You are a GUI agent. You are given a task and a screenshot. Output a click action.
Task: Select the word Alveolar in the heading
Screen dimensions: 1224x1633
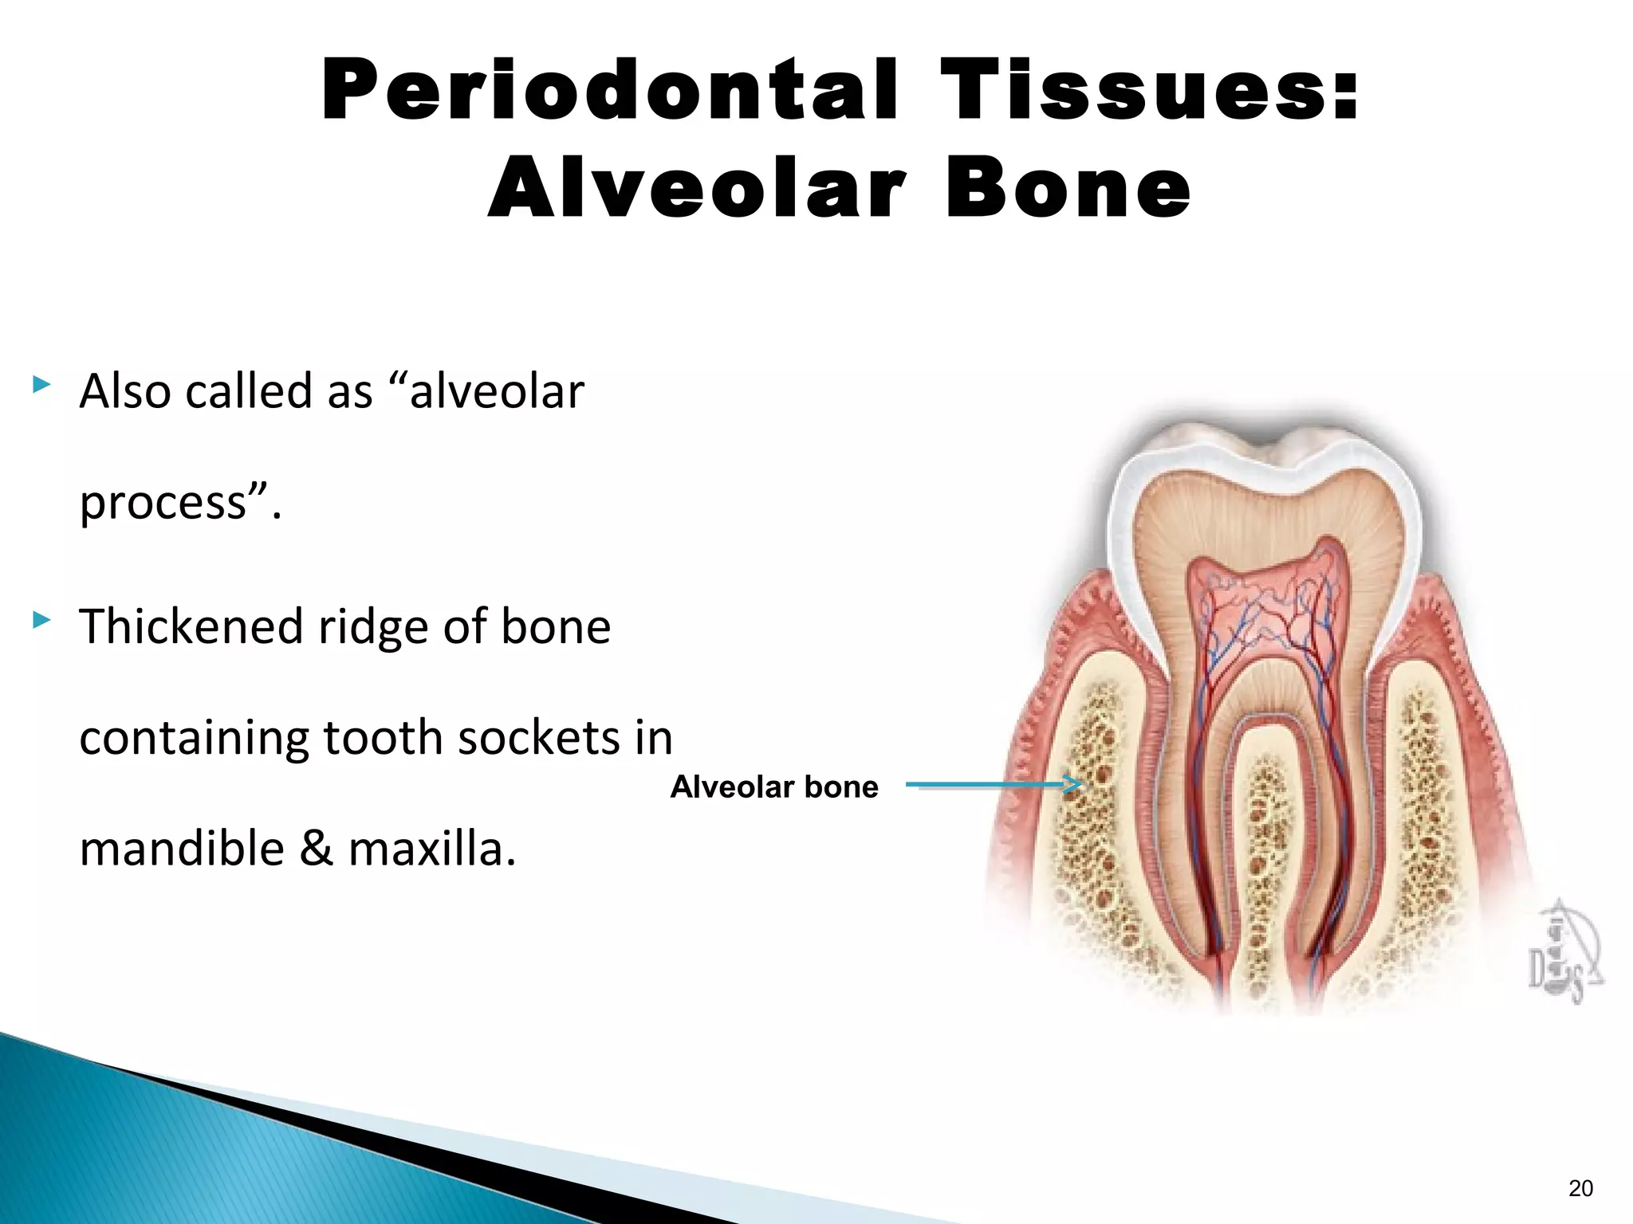click(697, 188)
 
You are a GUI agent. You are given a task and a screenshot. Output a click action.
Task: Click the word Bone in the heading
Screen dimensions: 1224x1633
click(1068, 188)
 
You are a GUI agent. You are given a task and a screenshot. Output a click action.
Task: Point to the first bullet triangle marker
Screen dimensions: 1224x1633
click(41, 386)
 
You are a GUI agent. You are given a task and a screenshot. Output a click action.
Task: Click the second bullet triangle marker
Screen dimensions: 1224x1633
click(41, 619)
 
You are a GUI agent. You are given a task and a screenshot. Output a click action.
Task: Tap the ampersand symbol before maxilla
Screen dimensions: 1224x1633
click(317, 848)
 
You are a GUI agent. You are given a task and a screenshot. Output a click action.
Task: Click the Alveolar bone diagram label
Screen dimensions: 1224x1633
click(773, 787)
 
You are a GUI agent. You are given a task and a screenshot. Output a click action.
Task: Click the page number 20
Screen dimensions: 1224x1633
click(1580, 1188)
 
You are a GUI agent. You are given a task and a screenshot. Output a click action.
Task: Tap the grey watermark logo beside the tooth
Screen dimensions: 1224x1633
click(1563, 952)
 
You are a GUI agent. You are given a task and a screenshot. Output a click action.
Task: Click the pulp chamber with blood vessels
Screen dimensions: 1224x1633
click(1264, 614)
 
